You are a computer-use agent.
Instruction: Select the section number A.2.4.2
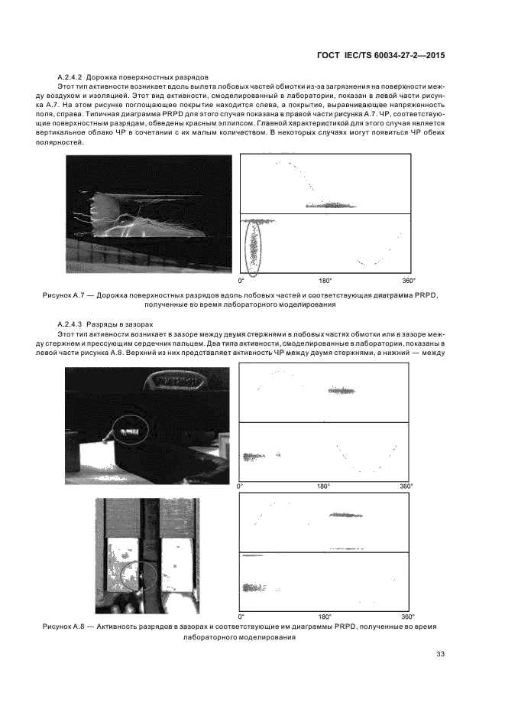(x=71, y=78)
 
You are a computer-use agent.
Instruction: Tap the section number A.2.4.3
(x=71, y=324)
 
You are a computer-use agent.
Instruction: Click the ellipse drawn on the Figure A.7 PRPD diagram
(x=253, y=246)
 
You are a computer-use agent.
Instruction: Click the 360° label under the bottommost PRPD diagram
(x=407, y=616)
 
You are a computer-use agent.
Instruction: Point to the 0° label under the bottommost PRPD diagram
(x=242, y=616)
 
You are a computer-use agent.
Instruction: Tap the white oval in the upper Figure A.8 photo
(x=127, y=431)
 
